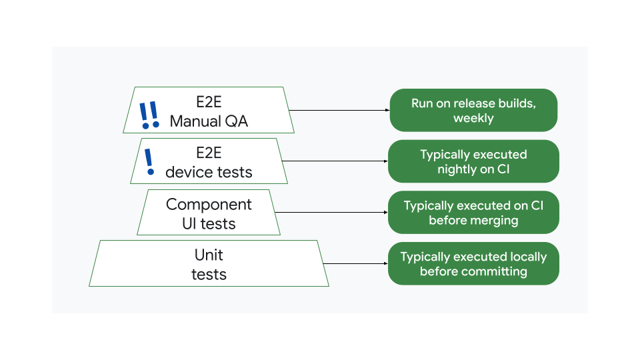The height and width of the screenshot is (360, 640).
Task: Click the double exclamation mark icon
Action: click(x=149, y=115)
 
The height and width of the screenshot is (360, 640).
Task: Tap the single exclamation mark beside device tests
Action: click(x=149, y=162)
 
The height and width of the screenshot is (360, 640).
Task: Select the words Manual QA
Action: click(x=209, y=121)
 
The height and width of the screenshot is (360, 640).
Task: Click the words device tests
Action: click(x=209, y=172)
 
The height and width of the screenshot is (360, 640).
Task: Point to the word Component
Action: click(x=209, y=204)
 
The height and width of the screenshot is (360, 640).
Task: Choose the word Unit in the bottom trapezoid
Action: click(x=209, y=255)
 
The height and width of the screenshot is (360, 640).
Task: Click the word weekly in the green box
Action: click(x=473, y=119)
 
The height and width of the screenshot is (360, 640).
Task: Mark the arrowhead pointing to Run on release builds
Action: click(x=387, y=110)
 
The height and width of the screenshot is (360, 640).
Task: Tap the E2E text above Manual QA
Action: click(x=209, y=102)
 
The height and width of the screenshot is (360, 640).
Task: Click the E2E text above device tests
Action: click(x=209, y=153)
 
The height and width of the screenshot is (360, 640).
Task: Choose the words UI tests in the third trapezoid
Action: click(x=209, y=223)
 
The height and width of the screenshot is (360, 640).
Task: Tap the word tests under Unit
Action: click(x=209, y=274)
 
